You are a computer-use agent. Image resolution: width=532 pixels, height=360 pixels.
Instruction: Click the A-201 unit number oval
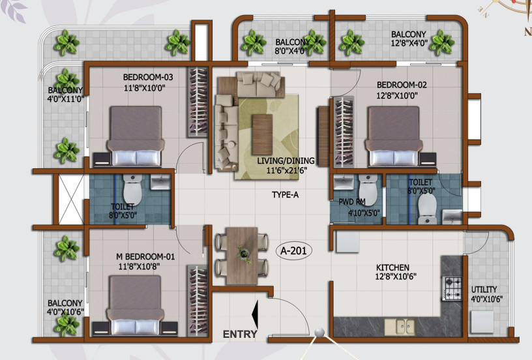[294, 250]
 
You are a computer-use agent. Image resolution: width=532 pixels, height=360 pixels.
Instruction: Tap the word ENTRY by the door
[240, 334]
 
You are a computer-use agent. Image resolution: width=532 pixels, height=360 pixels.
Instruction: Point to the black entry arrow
[255, 314]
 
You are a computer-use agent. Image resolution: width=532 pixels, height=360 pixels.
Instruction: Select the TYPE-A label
[285, 195]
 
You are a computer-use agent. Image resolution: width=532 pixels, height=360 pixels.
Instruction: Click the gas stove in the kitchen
[452, 289]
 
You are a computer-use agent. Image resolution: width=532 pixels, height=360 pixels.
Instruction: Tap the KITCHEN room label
[392, 267]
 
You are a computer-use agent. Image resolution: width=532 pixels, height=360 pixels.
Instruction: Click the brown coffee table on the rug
[262, 134]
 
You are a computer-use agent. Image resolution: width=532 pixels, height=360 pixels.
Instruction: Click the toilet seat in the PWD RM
[368, 189]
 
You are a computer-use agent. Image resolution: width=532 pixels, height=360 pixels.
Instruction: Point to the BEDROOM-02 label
[402, 85]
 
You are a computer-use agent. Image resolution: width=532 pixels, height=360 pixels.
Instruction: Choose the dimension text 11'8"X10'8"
[139, 266]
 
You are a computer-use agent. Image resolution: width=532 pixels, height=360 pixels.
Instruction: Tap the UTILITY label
[484, 290]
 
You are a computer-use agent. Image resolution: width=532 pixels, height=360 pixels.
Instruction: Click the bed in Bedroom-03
[136, 136]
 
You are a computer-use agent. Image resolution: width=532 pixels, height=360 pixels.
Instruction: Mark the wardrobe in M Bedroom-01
[197, 300]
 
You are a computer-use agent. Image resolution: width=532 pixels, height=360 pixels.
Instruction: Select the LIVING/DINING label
[286, 161]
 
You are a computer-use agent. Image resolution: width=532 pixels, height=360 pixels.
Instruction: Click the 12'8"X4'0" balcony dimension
[409, 44]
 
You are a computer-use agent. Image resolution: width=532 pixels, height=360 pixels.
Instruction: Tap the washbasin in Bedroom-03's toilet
[160, 182]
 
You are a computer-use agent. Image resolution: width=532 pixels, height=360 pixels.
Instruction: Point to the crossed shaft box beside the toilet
[71, 199]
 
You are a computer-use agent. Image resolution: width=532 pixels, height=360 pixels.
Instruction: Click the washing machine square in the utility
[482, 322]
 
